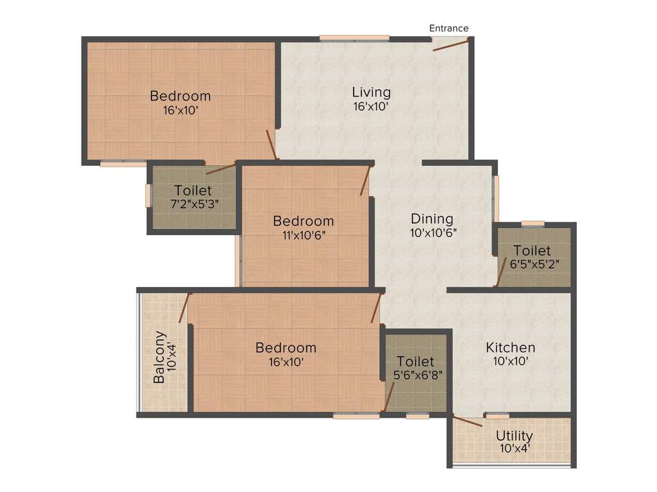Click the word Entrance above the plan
pos(448,28)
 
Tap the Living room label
pos(371,92)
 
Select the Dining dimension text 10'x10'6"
pos(434,233)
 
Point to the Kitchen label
pos(510,348)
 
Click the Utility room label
pos(514,436)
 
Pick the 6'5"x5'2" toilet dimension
pos(531,264)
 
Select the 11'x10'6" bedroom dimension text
pos(303,234)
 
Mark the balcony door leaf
pos(185,307)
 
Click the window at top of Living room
pos(354,38)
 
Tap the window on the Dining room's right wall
pos(495,199)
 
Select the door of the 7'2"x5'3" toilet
pos(221,169)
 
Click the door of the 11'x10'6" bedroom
pos(366,180)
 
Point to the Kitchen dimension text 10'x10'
pos(510,362)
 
